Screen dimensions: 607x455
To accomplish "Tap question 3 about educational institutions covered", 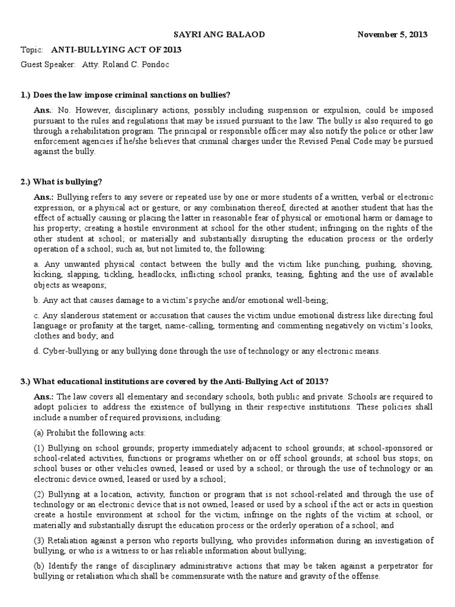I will coord(172,381).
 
